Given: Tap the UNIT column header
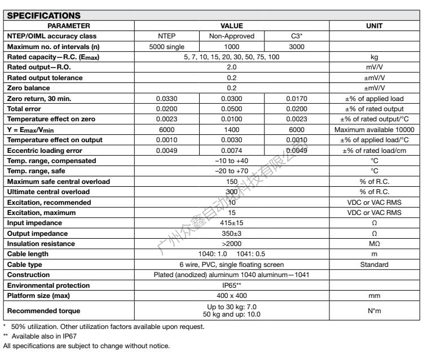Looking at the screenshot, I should tap(375, 25).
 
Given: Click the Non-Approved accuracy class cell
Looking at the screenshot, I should tap(231, 36).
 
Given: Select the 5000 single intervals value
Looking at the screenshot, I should tap(167, 46).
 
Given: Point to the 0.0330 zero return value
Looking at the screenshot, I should tap(167, 98).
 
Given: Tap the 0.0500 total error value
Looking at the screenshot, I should tap(231, 108).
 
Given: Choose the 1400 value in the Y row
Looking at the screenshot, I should tap(231, 129).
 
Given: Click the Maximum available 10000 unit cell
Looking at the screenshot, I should tap(375, 129).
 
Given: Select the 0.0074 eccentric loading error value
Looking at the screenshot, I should tap(231, 150).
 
